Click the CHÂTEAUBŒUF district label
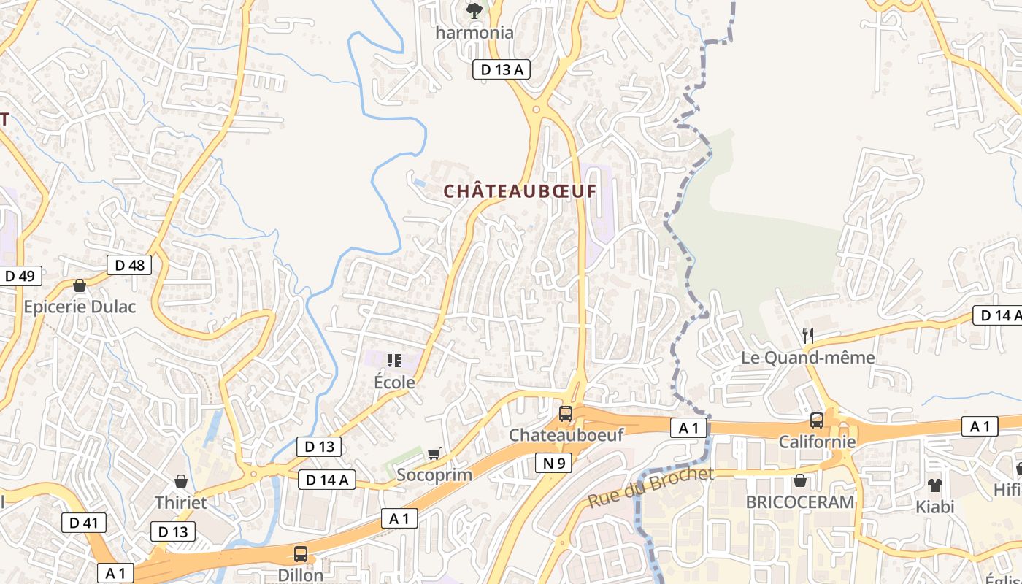pos(520,191)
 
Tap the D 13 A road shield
pos(501,69)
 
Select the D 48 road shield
pos(130,265)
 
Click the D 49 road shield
pos(20,276)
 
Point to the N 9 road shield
pos(554,462)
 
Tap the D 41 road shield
pos(84,523)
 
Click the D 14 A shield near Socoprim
pos(327,480)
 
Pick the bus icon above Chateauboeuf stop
pos(565,414)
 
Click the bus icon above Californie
pos(816,420)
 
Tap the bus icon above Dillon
pos(300,553)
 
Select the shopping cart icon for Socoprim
pos(434,454)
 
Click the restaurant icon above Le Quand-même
pos(807,336)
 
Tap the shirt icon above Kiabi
pos(934,485)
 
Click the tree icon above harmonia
pos(474,10)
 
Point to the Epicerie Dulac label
pos(80,307)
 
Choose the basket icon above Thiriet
pos(180,481)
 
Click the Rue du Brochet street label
pos(650,488)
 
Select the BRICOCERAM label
pos(799,502)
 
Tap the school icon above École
pos(394,360)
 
